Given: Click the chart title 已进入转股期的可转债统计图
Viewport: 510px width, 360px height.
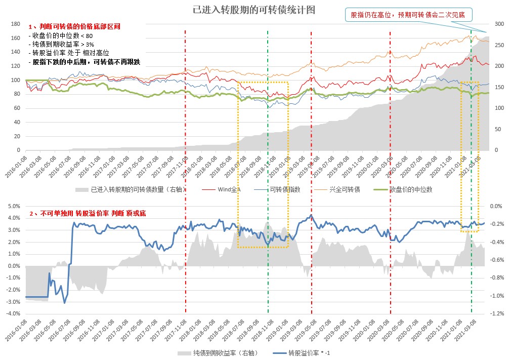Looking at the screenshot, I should tap(254, 10).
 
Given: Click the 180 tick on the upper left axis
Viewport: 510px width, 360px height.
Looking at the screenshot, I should tap(15, 24).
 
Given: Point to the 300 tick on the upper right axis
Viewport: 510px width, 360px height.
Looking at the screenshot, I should tap(498, 24).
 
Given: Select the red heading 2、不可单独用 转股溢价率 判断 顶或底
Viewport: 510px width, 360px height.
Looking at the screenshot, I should tap(88, 214).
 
